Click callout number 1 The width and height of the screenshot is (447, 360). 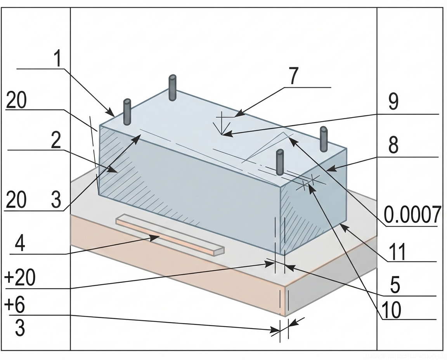(x=57, y=59)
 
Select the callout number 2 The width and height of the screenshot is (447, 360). (x=56, y=142)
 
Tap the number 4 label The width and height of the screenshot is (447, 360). (x=20, y=245)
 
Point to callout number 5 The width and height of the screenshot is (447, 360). (x=395, y=286)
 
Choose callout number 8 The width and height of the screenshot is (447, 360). (x=393, y=146)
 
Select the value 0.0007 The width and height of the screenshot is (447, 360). (x=412, y=214)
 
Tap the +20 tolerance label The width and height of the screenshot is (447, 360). (x=20, y=278)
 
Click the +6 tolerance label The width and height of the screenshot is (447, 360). (x=14, y=306)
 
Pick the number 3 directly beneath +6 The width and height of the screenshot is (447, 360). (x=20, y=328)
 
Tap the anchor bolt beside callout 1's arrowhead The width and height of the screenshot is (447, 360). (x=127, y=112)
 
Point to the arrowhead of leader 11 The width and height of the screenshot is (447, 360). (x=341, y=225)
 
